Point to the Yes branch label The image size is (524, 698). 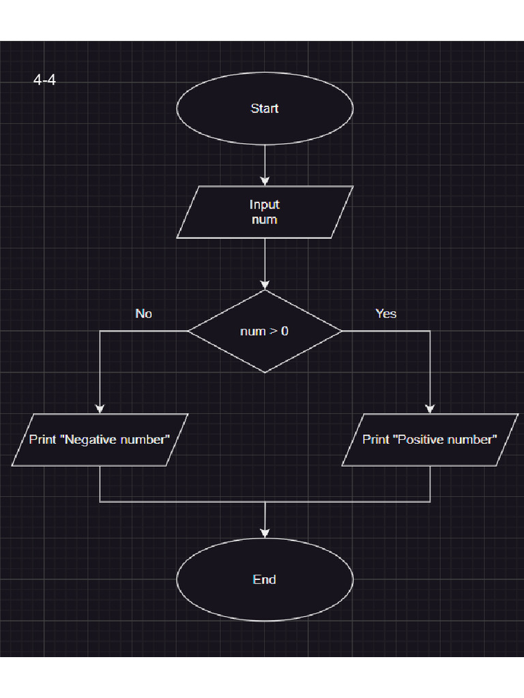tap(385, 314)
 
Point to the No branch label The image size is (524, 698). tap(143, 314)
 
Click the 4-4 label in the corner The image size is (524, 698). tap(44, 80)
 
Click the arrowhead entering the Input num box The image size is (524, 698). tap(265, 181)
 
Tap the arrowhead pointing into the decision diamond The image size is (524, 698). tap(265, 285)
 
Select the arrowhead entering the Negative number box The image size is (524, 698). tap(100, 408)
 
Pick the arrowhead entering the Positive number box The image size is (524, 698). tap(430, 408)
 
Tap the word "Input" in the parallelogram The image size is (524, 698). tap(265, 204)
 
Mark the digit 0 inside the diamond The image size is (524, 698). tap(285, 331)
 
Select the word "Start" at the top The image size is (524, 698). tap(265, 108)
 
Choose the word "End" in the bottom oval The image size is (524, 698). tap(265, 579)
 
